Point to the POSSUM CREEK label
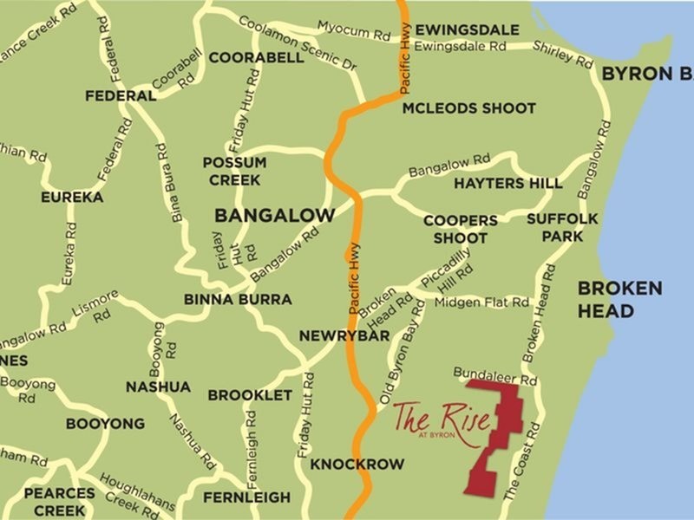click(234, 171)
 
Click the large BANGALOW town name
click(274, 214)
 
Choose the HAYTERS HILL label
click(507, 184)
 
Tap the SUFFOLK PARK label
click(562, 226)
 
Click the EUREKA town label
click(72, 198)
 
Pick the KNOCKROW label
click(357, 465)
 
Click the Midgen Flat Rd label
click(482, 302)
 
